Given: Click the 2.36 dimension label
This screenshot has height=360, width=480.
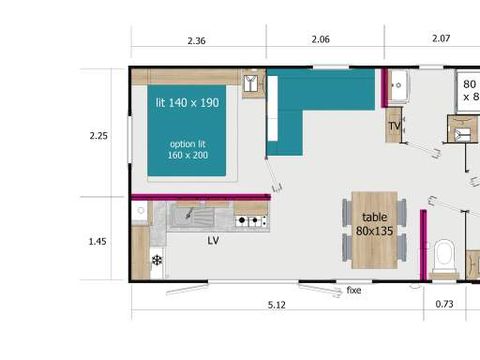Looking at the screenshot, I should point(196,40).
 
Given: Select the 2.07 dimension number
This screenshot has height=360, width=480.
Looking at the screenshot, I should point(441,40).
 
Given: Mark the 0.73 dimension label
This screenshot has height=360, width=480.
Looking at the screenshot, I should point(446,304).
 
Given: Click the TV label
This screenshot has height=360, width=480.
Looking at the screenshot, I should point(394,126).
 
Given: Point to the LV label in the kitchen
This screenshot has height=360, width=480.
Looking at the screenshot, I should point(214,241).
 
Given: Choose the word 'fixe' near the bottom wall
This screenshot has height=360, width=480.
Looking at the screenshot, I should point(353,291).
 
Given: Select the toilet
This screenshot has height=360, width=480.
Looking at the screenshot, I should point(446,257).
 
